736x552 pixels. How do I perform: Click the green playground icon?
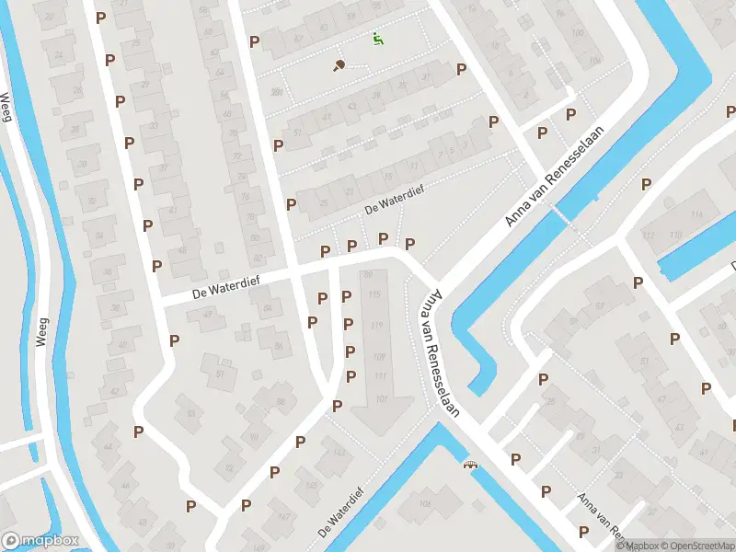[377, 38]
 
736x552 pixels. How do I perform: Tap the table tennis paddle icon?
[339, 65]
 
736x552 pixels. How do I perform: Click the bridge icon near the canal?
[472, 465]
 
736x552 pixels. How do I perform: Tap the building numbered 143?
[339, 454]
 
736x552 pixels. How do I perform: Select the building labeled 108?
[425, 504]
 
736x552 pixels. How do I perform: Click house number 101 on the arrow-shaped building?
[382, 397]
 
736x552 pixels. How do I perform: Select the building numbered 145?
[312, 485]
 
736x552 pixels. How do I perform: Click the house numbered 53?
[191, 413]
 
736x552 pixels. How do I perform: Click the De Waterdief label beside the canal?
[338, 519]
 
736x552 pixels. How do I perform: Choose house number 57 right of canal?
[599, 305]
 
